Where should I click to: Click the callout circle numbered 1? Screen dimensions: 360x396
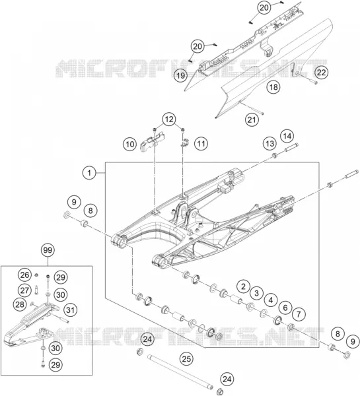89,173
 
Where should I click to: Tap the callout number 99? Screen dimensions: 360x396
48,250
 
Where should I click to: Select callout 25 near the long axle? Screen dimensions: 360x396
186,359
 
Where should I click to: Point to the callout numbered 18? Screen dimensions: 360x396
273,87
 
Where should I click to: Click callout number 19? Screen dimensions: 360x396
181,75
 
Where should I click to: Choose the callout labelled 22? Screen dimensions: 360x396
321,73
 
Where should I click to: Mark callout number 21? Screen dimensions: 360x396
252,119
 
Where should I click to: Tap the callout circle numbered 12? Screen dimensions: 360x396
169,119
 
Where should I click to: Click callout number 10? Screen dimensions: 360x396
130,145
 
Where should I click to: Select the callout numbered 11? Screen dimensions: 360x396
201,144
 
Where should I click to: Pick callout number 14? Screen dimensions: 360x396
287,136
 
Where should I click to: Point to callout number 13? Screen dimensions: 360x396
270,144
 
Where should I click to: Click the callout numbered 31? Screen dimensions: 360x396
70,310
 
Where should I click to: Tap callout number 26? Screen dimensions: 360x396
25,275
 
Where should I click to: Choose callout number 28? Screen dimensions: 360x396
20,304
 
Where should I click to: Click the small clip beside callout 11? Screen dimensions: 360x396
186,142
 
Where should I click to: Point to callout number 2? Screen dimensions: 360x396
244,286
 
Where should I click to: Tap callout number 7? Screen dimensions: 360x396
299,314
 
